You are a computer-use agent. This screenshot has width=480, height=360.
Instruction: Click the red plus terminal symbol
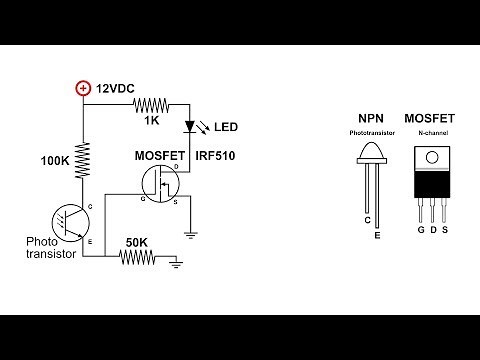(x=83, y=88)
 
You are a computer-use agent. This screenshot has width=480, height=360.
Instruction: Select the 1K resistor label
(x=151, y=120)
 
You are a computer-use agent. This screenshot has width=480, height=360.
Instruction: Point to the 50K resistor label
(x=137, y=241)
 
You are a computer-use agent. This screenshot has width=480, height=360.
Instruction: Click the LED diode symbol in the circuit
(x=191, y=128)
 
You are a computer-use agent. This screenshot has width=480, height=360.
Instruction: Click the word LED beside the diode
(x=227, y=128)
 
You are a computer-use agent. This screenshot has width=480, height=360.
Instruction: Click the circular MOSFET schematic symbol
(x=160, y=185)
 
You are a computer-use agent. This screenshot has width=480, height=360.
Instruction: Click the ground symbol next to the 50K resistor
(x=175, y=262)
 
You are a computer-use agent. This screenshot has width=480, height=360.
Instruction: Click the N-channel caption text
(x=431, y=133)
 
